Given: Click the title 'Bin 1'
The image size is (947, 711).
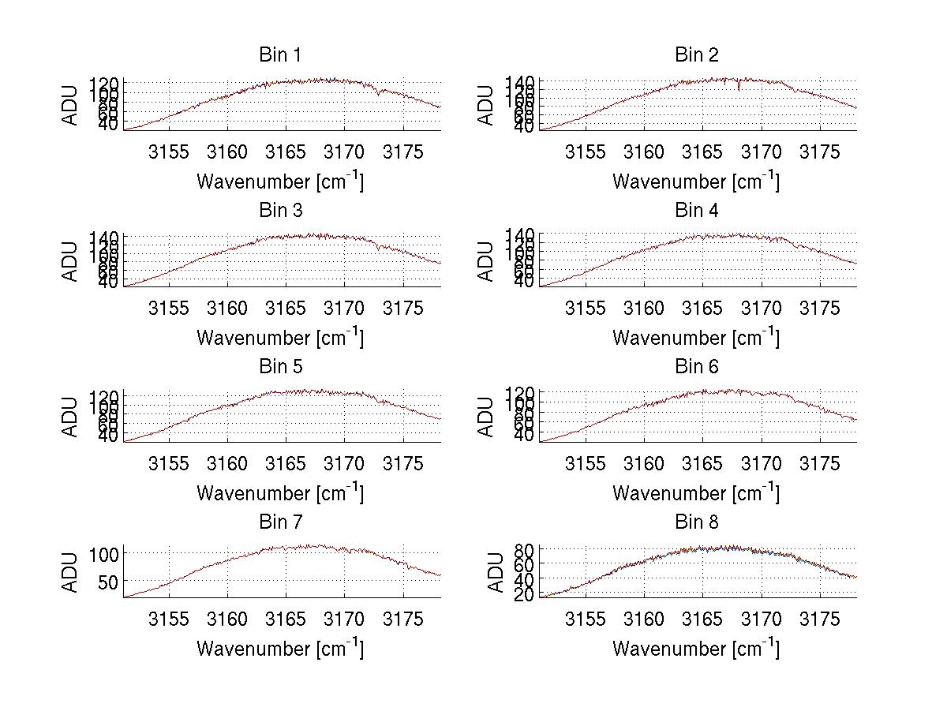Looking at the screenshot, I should pos(280,55).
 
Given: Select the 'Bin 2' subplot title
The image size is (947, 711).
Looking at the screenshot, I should pos(697,55).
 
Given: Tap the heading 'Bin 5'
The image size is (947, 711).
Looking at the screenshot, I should pos(280,367).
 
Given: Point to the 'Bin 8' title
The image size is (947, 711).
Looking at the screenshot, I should pos(697,522).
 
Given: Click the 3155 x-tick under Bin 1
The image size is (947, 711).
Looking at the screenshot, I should pos(170,152).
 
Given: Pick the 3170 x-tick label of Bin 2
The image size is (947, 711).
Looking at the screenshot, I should pos(762,152).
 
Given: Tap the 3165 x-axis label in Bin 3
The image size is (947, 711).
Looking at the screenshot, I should pos(286,307).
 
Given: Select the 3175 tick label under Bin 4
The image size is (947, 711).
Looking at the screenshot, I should pos(820,307).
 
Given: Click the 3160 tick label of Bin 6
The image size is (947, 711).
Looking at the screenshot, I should pos(644,463).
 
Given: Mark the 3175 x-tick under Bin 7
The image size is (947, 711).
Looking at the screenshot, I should pos(403,619).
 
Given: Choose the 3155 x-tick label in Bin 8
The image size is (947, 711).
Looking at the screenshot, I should pos(586,619).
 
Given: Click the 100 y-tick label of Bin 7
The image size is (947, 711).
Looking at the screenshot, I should pos(106,553).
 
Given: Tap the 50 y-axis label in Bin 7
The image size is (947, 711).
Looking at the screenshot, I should pos(110,582).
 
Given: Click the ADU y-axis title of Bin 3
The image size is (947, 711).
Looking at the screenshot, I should pos(71,261).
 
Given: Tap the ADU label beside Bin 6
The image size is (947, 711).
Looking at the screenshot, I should pos(487,417).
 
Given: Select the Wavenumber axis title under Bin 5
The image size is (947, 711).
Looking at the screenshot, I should pos(280,492).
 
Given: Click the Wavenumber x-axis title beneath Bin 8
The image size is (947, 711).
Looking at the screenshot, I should pos(696,648).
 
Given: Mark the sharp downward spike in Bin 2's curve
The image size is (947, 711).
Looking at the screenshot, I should pos(739,88).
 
